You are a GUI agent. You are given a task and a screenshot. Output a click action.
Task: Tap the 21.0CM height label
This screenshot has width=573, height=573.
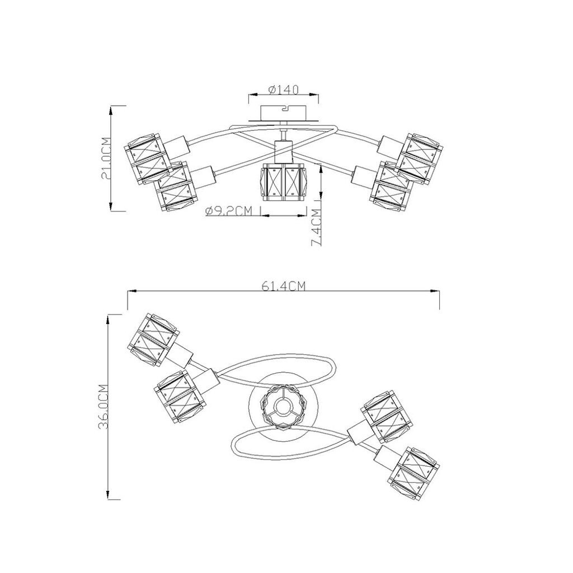105,158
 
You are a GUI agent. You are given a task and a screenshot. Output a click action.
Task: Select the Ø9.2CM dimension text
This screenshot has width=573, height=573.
229,211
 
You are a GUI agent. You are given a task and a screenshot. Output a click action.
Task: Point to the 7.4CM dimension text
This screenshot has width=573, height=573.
316,227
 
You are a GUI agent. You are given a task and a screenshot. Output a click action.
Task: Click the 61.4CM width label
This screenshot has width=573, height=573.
283,286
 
